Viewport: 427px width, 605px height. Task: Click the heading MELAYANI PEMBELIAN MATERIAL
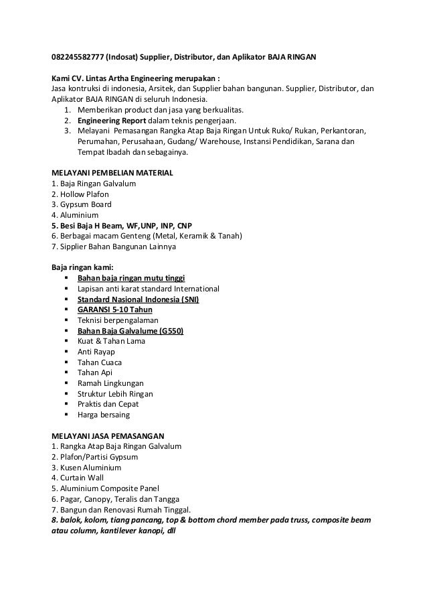[112, 173]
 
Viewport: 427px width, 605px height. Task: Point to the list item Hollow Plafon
[76, 194]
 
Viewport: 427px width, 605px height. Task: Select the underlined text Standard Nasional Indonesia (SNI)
[138, 299]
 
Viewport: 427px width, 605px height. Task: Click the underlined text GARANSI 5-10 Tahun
[115, 310]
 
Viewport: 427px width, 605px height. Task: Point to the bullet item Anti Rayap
[96, 352]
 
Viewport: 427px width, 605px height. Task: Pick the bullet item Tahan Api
[95, 373]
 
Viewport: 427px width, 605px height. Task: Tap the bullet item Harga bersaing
[104, 415]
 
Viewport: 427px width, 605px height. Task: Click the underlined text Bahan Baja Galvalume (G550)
[131, 331]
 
